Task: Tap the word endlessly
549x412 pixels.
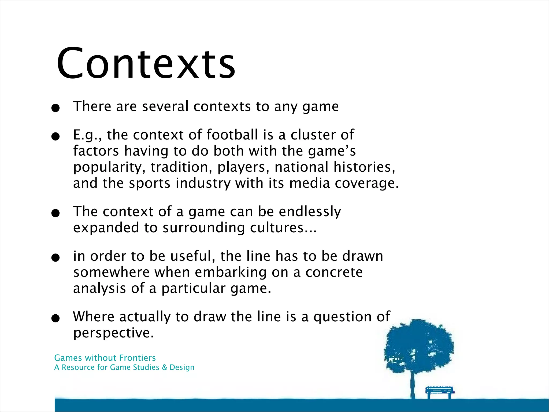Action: (310, 212)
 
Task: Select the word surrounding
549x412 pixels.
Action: (203, 228)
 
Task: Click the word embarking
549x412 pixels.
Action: (231, 273)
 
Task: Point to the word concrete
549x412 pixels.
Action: (334, 273)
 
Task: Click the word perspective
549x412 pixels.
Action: (113, 333)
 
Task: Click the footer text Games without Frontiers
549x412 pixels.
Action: (105, 358)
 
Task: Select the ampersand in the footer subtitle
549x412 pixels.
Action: (164, 367)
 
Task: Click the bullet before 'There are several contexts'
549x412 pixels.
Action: (55, 108)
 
